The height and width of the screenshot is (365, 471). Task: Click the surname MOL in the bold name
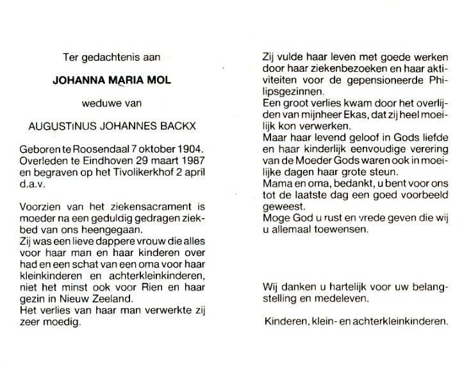click(149, 81)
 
